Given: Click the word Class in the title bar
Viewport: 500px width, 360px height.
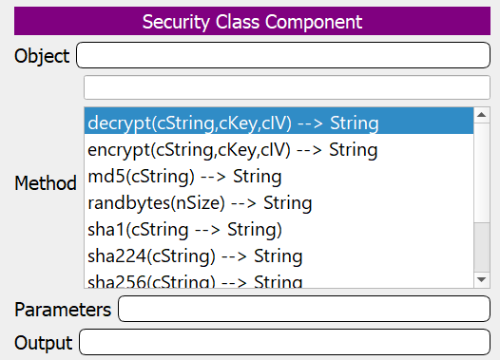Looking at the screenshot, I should (235, 22).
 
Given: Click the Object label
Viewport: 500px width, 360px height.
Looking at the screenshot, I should (42, 56).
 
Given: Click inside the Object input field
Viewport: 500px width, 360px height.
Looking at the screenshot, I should (285, 56).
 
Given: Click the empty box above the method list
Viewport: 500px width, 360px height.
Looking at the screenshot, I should (285, 87).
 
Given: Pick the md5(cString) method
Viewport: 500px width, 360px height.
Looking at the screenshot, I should (184, 176).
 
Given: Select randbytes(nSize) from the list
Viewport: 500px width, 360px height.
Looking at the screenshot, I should (200, 202).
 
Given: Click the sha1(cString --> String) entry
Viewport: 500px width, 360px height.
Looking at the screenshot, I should (184, 229).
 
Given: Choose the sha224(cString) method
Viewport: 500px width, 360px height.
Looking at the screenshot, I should (195, 256).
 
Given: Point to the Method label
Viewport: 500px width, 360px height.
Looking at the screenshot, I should (46, 183).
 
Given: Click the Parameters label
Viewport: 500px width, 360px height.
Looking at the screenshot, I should (63, 310).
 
